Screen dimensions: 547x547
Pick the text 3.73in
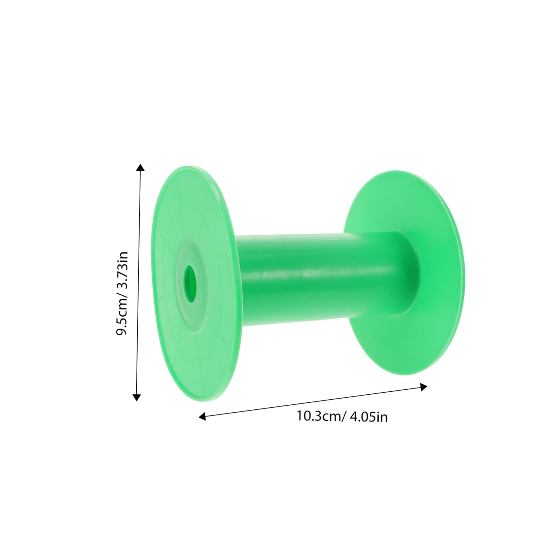pos(121,268)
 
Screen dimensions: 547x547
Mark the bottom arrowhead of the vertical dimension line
pos(136,398)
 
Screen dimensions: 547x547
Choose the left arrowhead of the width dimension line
pos(202,417)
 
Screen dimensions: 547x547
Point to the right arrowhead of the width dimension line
pos(424,387)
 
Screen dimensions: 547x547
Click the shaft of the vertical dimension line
pos(138,282)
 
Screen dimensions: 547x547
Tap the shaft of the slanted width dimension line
pos(312,402)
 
